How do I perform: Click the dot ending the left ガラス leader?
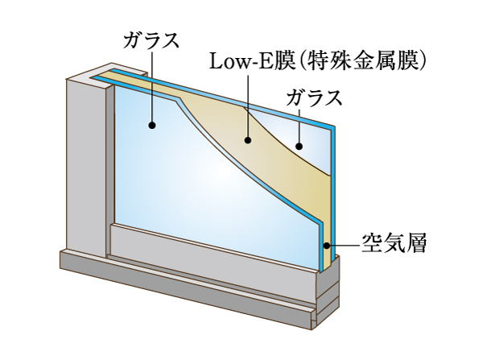click(151, 125)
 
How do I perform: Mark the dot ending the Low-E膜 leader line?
click(249, 141)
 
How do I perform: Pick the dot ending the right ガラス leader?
click(298, 147)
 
